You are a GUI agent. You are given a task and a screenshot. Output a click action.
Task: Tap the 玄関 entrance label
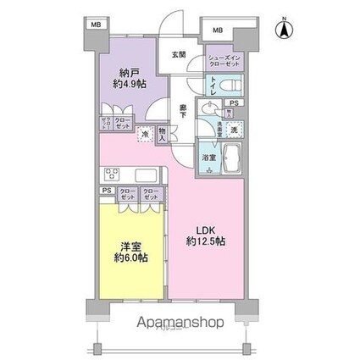coord(179,54)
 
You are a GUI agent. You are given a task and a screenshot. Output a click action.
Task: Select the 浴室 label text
coord(208,158)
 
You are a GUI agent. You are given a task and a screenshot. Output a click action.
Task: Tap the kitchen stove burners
coord(110,174)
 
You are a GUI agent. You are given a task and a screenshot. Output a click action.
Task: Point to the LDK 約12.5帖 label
coord(207,235)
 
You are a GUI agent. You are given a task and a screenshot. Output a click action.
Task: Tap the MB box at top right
coord(218,32)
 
